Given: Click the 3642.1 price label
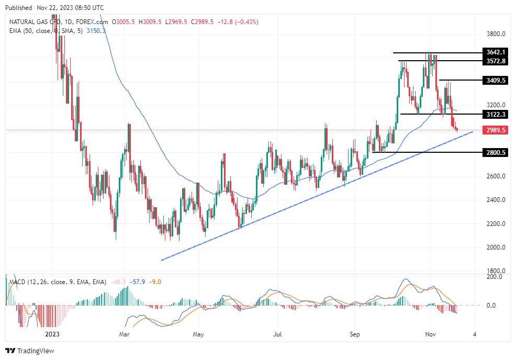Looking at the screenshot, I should pyautogui.click(x=496, y=52).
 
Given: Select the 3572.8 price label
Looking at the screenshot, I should pyautogui.click(x=496, y=61).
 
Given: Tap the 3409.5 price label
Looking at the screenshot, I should pyautogui.click(x=496, y=81).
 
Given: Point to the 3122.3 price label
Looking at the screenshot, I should pyautogui.click(x=496, y=114).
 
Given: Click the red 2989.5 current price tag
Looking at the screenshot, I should pyautogui.click(x=496, y=130).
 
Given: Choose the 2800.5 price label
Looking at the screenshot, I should pyautogui.click(x=496, y=152).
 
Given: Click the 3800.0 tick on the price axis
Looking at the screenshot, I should pyautogui.click(x=496, y=34).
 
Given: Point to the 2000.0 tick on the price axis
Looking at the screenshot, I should pyautogui.click(x=496, y=248).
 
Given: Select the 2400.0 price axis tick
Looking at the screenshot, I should pyautogui.click(x=496, y=200).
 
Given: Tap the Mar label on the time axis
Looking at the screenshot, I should pyautogui.click(x=124, y=334).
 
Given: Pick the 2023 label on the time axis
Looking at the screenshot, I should pyautogui.click(x=52, y=334).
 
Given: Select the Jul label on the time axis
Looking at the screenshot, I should pyautogui.click(x=278, y=334).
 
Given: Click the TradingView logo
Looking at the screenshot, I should pyautogui.click(x=30, y=351).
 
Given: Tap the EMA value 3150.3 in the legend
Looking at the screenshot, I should pyautogui.click(x=96, y=31).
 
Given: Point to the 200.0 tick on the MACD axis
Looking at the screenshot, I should pyautogui.click(x=493, y=277).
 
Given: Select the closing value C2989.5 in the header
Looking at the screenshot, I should pyautogui.click(x=206, y=22).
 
